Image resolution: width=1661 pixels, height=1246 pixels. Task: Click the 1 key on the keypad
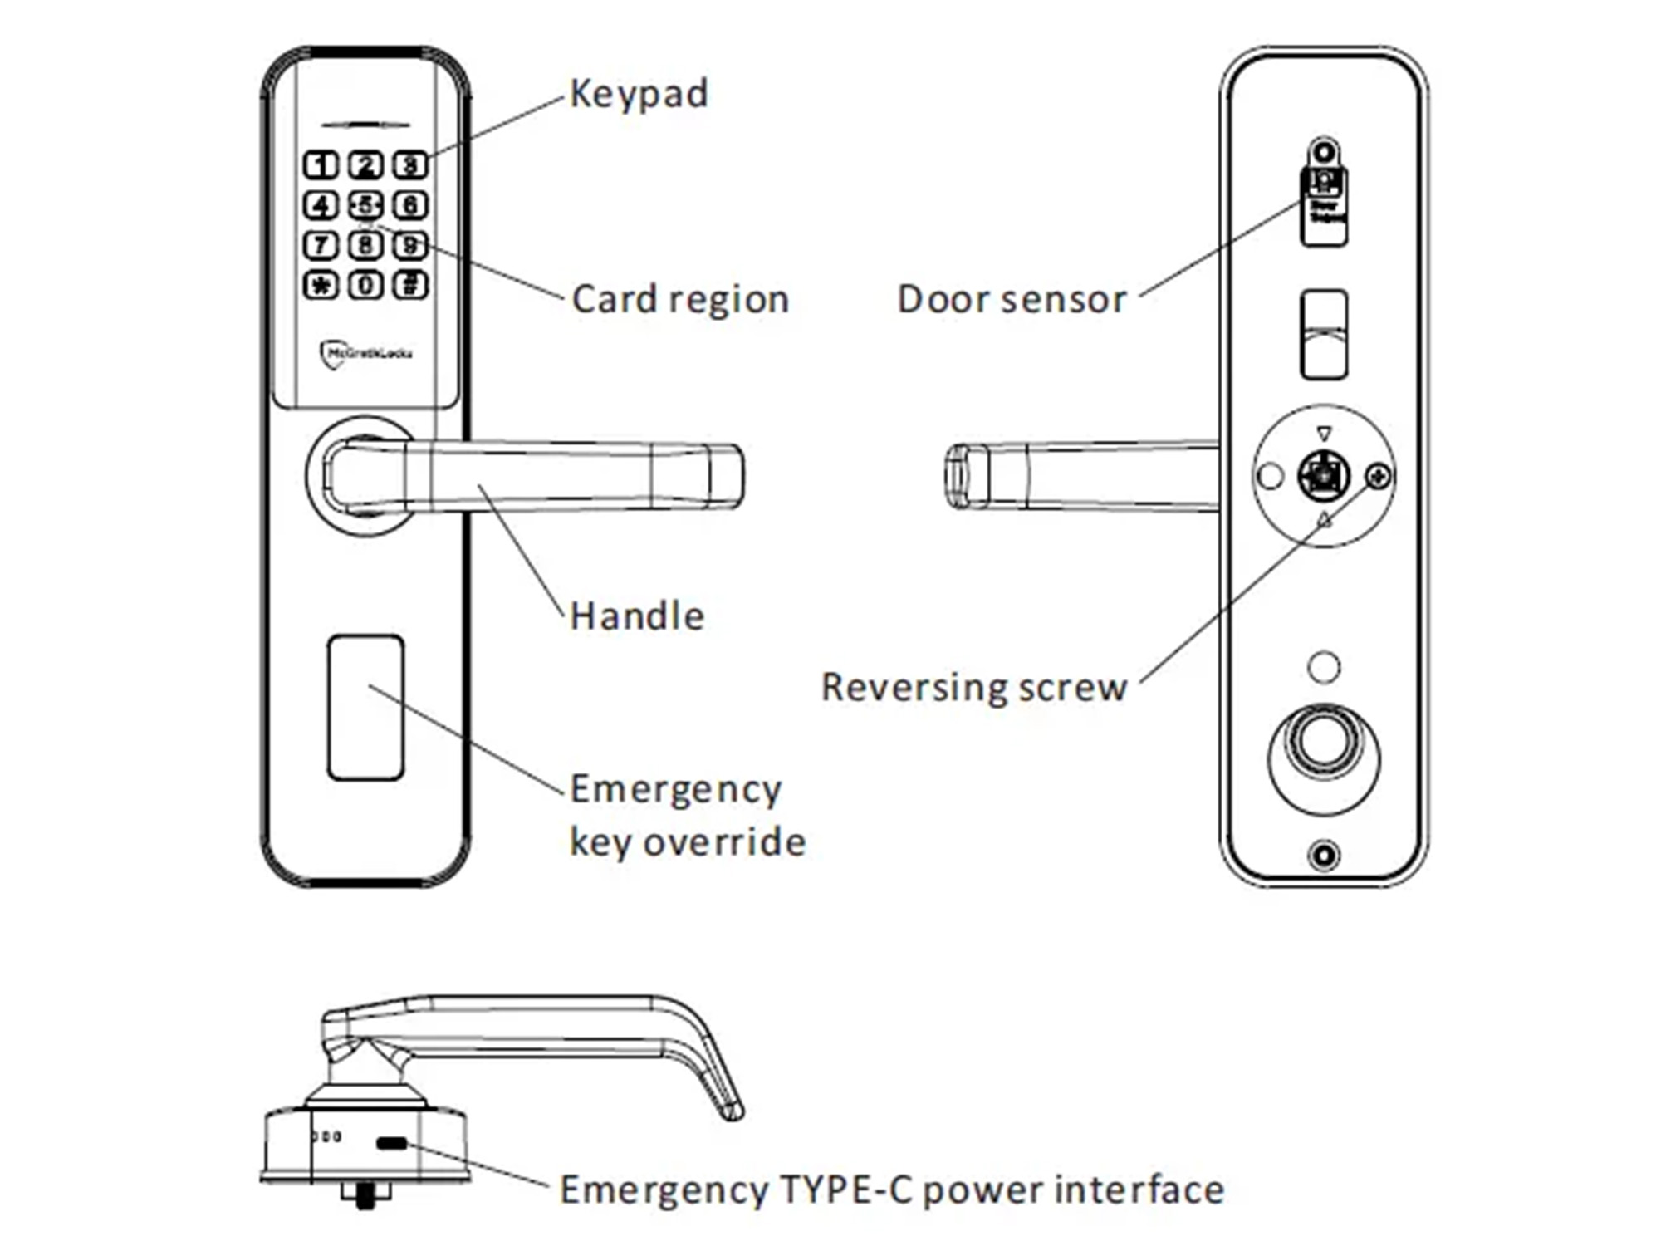pos(321,165)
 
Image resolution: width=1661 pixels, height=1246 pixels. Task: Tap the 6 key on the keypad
pos(410,205)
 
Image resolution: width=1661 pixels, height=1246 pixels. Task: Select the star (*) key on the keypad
pos(321,286)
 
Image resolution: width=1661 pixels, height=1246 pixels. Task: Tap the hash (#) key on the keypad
pos(410,286)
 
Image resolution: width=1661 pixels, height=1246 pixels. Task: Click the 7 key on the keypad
pos(321,246)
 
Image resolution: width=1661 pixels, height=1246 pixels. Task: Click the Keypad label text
pos(638,94)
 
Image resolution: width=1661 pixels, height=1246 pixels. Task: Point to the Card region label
pos(679,300)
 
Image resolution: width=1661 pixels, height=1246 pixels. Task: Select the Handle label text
pos(637,616)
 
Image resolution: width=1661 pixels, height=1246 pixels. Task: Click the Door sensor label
pos(1012,300)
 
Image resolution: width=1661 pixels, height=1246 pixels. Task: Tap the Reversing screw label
pos(973,688)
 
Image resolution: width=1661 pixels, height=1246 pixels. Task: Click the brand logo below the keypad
pos(365,354)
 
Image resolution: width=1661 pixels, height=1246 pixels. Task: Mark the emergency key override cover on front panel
pos(365,708)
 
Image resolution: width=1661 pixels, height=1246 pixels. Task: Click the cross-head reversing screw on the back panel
pos(1378,477)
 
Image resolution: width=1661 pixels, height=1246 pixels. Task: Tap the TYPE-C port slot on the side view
pos(391,1144)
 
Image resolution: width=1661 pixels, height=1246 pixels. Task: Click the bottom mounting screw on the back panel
pos(1324,855)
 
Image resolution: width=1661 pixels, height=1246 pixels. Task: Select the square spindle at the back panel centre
pos(1323,476)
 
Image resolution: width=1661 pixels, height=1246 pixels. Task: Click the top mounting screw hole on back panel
pos(1324,153)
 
